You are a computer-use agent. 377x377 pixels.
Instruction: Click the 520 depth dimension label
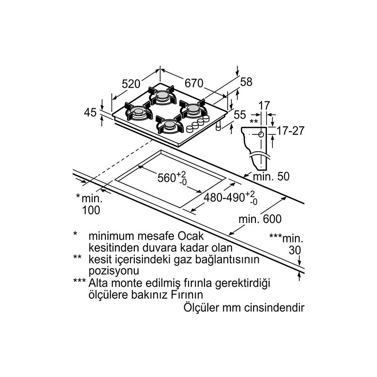pyautogui.click(x=131, y=84)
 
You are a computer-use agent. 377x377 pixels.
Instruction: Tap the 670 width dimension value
pyautogui.click(x=194, y=83)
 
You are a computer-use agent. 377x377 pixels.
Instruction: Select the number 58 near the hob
pyautogui.click(x=246, y=82)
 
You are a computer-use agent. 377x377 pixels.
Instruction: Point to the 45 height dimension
pyautogui.click(x=90, y=113)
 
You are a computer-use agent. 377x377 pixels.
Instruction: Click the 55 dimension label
pyautogui.click(x=240, y=115)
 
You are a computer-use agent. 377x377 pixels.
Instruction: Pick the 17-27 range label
pyautogui.click(x=290, y=131)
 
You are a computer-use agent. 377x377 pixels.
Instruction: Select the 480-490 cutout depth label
pyautogui.click(x=230, y=197)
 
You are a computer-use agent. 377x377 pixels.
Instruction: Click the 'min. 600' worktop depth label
pyautogui.click(x=260, y=219)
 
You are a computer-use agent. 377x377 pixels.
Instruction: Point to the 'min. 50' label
pyautogui.click(x=271, y=176)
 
